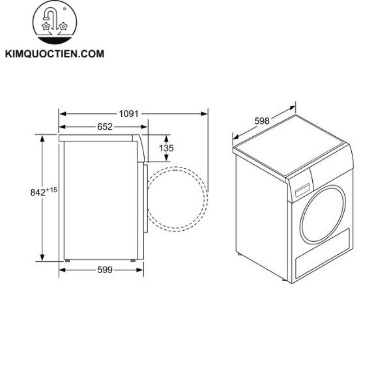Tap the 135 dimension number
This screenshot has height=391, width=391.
click(x=167, y=149)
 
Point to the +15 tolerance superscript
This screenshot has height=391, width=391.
click(x=53, y=189)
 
